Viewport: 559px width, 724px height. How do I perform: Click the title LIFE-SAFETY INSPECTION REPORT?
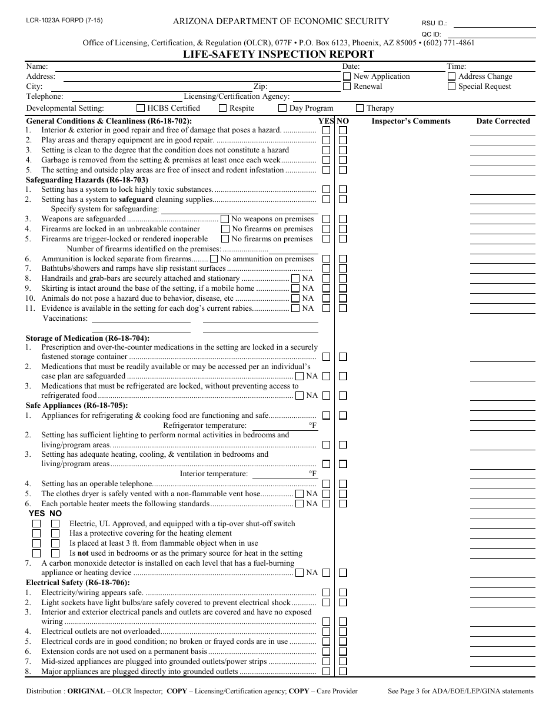279,54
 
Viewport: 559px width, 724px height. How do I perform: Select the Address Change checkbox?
451,77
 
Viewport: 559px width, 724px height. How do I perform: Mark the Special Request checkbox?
451,87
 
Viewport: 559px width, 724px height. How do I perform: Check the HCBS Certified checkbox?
141,108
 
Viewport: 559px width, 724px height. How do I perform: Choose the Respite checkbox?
222,108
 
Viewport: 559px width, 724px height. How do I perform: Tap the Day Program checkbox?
282,108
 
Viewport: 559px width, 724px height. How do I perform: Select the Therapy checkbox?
360,108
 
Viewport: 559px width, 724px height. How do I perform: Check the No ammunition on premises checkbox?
214,259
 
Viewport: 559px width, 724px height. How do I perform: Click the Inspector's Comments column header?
411,121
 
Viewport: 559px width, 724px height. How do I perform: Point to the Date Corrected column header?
503,121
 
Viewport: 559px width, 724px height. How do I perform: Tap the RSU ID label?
434,24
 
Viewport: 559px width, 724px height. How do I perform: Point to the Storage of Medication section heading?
87,338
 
